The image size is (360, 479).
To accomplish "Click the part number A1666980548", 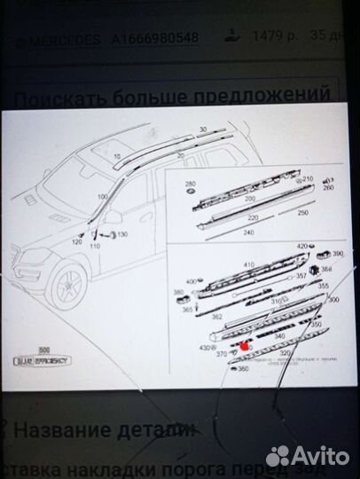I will coord(156,38).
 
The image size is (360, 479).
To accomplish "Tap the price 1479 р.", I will coord(270,38).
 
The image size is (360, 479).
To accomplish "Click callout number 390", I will coord(338,253).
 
